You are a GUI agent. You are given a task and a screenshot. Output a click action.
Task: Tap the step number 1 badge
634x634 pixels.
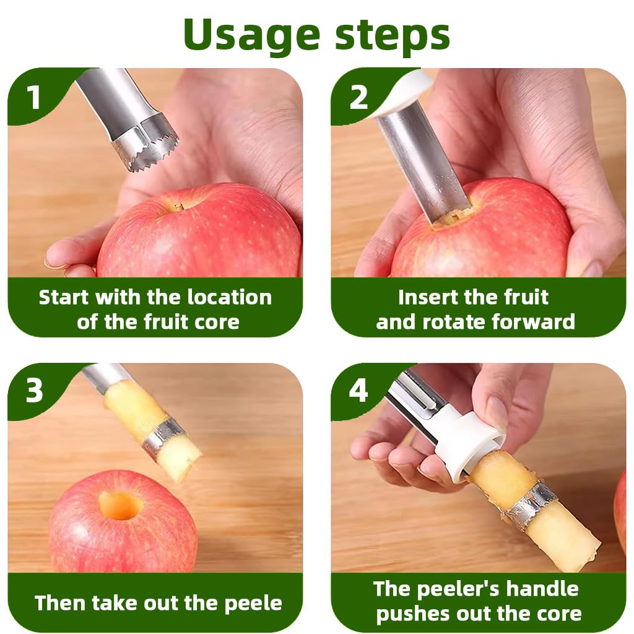(x=33, y=97)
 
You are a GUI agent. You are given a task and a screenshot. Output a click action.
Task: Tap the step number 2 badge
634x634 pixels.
(x=358, y=97)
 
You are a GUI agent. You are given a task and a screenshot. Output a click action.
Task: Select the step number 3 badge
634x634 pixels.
(x=33, y=391)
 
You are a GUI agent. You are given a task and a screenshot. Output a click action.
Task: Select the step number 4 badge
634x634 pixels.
(x=358, y=391)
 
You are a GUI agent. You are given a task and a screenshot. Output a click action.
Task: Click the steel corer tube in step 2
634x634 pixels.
(x=421, y=161)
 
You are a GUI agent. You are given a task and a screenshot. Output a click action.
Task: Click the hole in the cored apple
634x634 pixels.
(x=120, y=505)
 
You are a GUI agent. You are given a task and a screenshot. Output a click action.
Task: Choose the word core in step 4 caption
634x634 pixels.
(x=557, y=614)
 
